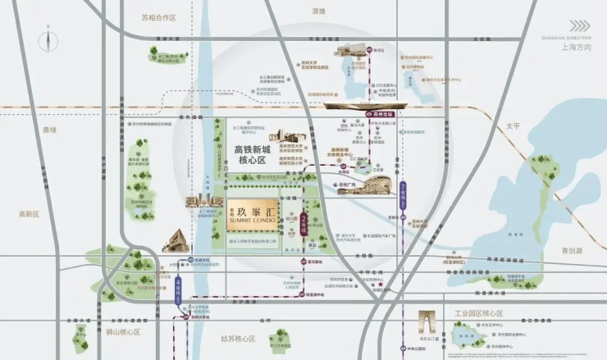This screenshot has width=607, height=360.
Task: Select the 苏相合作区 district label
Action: [x=158, y=16]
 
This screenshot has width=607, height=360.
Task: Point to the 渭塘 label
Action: [x=318, y=11]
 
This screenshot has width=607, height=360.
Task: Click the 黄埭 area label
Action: [x=51, y=130]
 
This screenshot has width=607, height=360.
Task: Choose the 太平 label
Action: [x=513, y=126]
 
